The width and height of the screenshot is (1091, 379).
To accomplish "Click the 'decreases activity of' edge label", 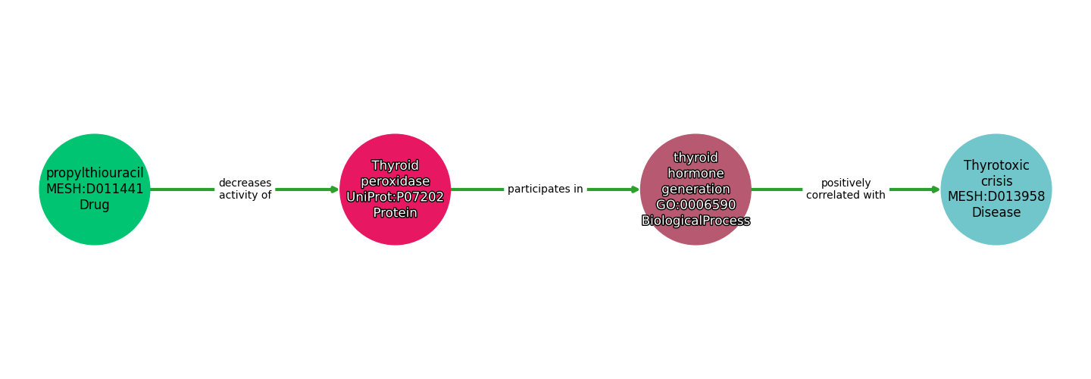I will pos(245,189).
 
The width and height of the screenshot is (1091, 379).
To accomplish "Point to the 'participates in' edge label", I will pos(545,189).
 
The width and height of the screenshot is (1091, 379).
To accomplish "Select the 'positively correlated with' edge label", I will pos(846,189).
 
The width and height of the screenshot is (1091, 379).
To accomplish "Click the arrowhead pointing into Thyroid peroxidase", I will pos(334,189).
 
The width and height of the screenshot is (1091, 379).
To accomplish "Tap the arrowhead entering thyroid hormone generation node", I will pos(635,189).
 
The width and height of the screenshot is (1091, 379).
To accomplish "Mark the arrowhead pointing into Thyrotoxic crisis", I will pos(935,189).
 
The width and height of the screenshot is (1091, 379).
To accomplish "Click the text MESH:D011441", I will pos(95,189).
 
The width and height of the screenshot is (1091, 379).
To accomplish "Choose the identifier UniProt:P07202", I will pos(395,197).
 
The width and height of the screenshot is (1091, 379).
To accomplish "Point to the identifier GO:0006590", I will pos(696,205).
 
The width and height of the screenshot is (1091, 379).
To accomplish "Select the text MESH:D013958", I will pos(996,197).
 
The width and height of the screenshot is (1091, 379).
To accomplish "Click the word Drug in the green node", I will pos(95,205).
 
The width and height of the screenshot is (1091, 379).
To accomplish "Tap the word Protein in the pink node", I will pos(395,213).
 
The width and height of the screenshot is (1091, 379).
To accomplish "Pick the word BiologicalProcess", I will pos(696,221).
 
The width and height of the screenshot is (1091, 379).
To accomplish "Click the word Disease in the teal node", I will pos(996,213).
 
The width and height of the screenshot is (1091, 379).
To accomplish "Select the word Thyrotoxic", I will pos(996,165).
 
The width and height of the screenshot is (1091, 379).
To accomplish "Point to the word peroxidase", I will pos(395,181).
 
